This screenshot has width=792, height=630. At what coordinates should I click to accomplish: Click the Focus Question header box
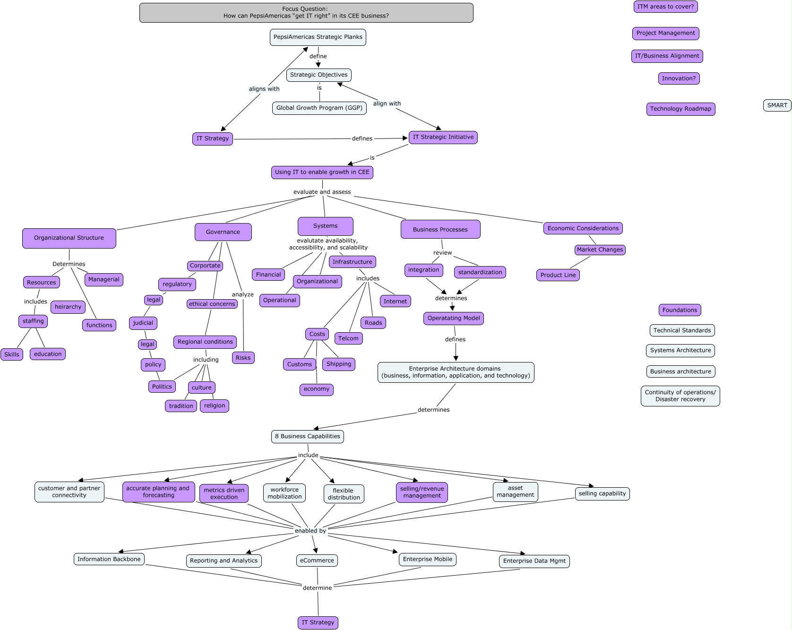pyautogui.click(x=306, y=13)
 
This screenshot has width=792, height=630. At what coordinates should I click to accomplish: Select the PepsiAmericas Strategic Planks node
pyautogui.click(x=318, y=37)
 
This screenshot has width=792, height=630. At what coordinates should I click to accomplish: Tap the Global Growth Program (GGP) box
pyautogui.click(x=319, y=108)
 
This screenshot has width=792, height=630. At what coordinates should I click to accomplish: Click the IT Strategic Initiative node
pyautogui.click(x=443, y=138)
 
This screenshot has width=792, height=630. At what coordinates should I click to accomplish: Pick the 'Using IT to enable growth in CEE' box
pyautogui.click(x=322, y=172)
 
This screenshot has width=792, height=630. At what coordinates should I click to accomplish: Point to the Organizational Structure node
pyautogui.click(x=69, y=238)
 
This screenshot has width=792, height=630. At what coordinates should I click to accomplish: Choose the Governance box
pyautogui.click(x=223, y=232)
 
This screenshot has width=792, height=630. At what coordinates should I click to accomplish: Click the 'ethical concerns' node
pyautogui.click(x=212, y=304)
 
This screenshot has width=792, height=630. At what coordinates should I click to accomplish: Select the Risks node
pyautogui.click(x=243, y=358)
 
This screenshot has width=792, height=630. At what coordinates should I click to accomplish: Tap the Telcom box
pyautogui.click(x=348, y=338)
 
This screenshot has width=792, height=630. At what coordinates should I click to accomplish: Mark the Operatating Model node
pyautogui.click(x=453, y=318)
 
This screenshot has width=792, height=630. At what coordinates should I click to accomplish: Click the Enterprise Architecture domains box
pyautogui.click(x=456, y=372)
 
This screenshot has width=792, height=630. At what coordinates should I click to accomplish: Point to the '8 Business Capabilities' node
pyautogui.click(x=307, y=436)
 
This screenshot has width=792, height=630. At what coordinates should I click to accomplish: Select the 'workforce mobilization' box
pyautogui.click(x=284, y=493)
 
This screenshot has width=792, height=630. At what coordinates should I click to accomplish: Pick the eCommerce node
pyautogui.click(x=317, y=561)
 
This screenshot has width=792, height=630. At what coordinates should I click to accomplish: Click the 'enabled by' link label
pyautogui.click(x=310, y=531)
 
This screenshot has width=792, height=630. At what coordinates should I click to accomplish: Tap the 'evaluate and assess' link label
pyautogui.click(x=322, y=192)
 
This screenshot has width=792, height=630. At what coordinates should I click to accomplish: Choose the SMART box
pyautogui.click(x=777, y=105)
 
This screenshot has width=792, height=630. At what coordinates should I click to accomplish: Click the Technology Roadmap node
pyautogui.click(x=680, y=109)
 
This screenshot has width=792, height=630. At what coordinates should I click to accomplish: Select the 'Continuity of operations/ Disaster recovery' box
pyautogui.click(x=680, y=396)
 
